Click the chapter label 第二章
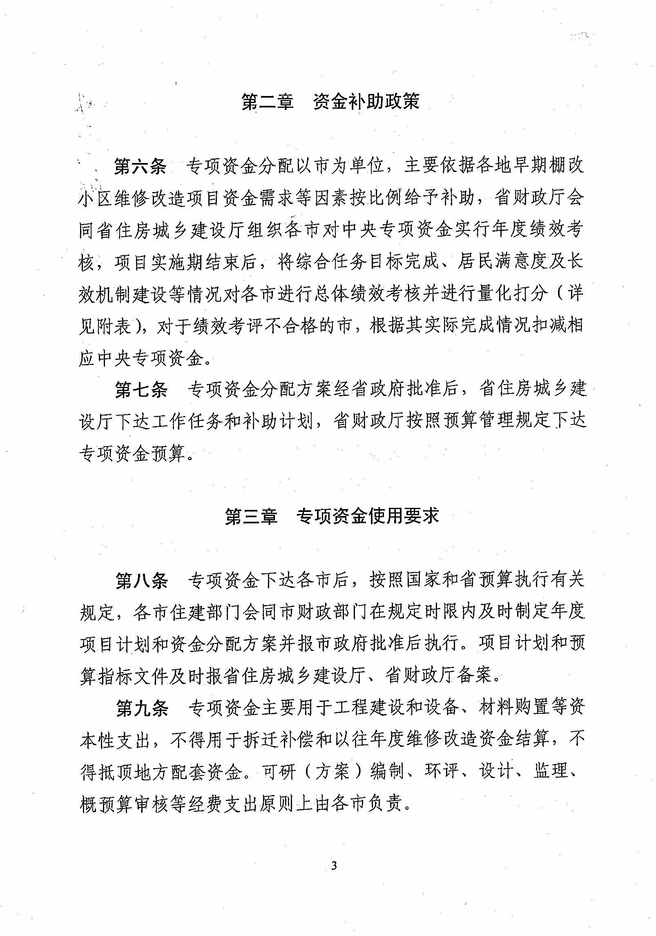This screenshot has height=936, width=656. (x=267, y=102)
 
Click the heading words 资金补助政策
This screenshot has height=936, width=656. (x=366, y=102)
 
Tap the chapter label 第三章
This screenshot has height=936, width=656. (x=251, y=516)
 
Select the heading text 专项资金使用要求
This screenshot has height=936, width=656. (x=368, y=516)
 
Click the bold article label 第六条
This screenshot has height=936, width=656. (x=140, y=166)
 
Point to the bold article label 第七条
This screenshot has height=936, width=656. (x=141, y=389)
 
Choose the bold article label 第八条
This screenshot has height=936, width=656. (x=141, y=581)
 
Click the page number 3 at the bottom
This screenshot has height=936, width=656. (x=334, y=866)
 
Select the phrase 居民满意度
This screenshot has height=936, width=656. (x=502, y=261)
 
